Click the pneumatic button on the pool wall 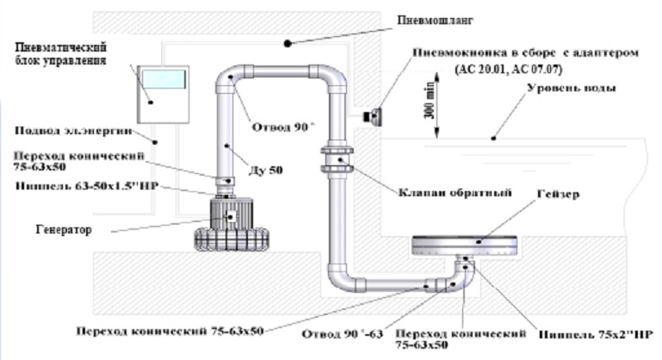point(375,112)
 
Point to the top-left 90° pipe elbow point(232,80)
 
